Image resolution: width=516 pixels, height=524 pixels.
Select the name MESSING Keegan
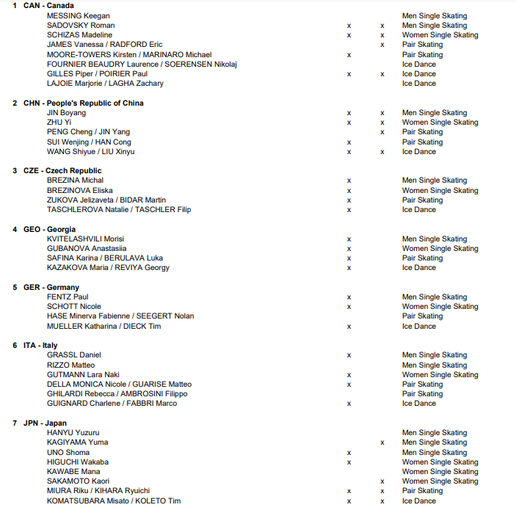pyautogui.click(x=78, y=15)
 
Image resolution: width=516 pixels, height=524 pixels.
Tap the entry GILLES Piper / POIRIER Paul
pyautogui.click(x=97, y=73)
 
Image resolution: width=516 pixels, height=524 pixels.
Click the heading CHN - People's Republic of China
pyautogui.click(x=83, y=103)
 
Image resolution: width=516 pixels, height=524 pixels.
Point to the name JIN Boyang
pyautogui.click(x=66, y=113)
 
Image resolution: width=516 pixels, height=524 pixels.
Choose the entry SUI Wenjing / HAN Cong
pyautogui.click(x=89, y=142)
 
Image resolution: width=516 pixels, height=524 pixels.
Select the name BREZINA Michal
pyautogui.click(x=75, y=180)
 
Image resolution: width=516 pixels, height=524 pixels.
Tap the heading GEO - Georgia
pyautogui.click(x=49, y=229)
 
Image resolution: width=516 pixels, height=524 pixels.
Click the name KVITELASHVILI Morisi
pyautogui.click(x=85, y=239)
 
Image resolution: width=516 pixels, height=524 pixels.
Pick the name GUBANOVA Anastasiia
pyautogui.click(x=86, y=248)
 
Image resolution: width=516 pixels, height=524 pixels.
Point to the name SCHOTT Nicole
pyautogui.click(x=74, y=306)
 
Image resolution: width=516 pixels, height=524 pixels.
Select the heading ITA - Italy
pyautogui.click(x=40, y=345)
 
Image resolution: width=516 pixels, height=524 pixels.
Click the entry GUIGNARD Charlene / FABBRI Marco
pyautogui.click(x=112, y=403)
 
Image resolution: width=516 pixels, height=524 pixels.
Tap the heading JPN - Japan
pyautogui.click(x=45, y=423)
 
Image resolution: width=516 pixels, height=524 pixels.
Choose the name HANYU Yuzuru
pyautogui.click(x=73, y=432)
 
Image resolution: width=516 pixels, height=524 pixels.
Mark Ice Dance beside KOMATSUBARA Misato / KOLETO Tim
pyautogui.click(x=418, y=501)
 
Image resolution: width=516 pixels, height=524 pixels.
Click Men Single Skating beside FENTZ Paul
pyautogui.click(x=434, y=296)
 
